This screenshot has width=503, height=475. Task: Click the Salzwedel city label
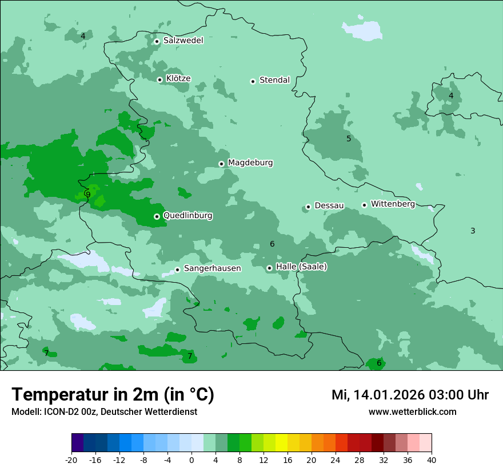pos(183,41)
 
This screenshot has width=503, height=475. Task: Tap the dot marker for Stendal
pos(253,81)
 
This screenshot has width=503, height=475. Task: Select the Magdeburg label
pos(250,163)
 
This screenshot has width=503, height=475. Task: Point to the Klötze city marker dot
pos(159,80)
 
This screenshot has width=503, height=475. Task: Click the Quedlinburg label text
pos(187,216)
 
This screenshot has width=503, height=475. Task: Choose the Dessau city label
pos(329,205)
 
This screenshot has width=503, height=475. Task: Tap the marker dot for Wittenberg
pos(364,205)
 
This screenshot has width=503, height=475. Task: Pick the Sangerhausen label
pos(212,268)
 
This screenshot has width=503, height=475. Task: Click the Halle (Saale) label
pos(301,267)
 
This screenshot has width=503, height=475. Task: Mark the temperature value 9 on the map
pos(88,195)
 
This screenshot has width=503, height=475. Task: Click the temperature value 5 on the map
pos(349,138)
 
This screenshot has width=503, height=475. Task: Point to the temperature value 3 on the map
pos(473,231)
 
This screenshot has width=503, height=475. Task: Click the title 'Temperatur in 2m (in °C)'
pos(113,395)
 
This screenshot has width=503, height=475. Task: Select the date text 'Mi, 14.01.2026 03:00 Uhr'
pos(410,395)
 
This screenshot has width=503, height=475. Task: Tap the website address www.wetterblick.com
pos(412,412)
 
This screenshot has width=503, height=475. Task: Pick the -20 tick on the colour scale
pos(71,460)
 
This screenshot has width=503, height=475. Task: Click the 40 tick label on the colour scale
pos(431,460)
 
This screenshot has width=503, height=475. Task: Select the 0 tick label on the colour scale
pos(191,460)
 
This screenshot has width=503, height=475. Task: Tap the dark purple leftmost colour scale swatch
pos(77,443)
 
